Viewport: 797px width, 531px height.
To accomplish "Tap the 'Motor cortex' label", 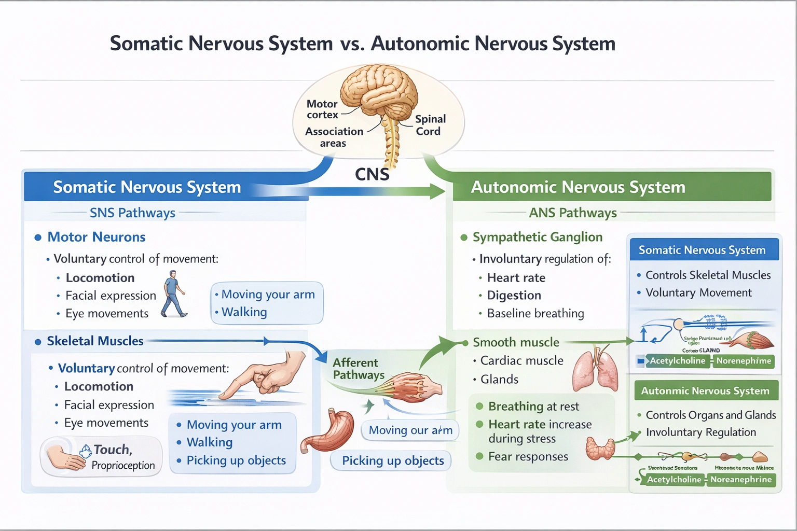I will (x=322, y=109).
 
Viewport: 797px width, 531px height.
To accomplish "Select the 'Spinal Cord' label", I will (x=430, y=125).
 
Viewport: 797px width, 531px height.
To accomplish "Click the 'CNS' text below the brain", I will (x=372, y=174).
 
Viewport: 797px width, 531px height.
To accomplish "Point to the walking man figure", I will (x=173, y=294).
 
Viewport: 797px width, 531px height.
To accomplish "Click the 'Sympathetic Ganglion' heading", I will (x=537, y=237).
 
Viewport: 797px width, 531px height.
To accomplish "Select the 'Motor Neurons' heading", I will (x=97, y=237).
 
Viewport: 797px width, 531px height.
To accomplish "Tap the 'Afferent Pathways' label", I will (x=358, y=369).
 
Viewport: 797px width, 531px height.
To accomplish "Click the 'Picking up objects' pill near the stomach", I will (x=393, y=460).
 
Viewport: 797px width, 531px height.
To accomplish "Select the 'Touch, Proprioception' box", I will (x=102, y=457).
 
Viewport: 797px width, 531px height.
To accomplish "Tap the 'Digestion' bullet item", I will (x=514, y=295).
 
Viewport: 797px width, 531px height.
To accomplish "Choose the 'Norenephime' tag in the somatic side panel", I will (x=744, y=361).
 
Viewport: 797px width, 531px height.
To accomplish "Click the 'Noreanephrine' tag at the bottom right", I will (x=741, y=480).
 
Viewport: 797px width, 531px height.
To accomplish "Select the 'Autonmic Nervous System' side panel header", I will (x=706, y=390).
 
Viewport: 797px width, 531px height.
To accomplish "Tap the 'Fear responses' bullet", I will (x=528, y=456).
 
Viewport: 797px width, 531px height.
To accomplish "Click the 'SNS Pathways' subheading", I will (x=132, y=213).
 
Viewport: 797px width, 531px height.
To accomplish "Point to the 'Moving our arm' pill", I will (x=410, y=430).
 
